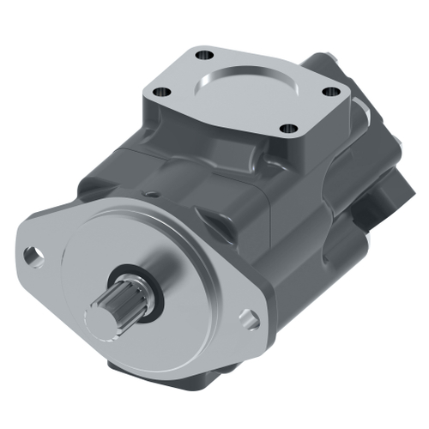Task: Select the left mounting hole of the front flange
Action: click(x=33, y=255)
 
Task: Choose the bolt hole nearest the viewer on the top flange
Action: click(x=290, y=129)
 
